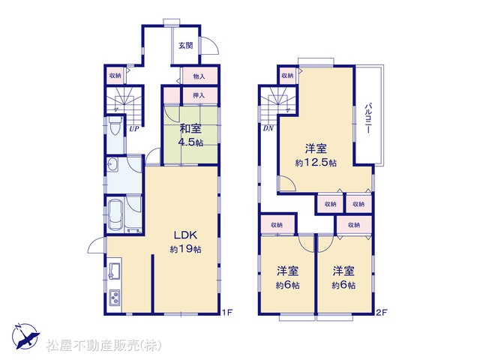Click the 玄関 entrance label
[186, 46]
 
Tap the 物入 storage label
[199, 76]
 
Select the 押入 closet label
[199, 95]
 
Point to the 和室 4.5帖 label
[190, 135]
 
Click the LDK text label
[185, 235]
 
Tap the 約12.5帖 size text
[316, 163]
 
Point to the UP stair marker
[133, 129]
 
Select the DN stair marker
[268, 128]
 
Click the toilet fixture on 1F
[115, 127]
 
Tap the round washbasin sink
[112, 165]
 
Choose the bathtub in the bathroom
[115, 214]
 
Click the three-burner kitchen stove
[115, 297]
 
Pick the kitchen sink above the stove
[115, 271]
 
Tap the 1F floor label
[228, 312]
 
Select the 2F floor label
[382, 312]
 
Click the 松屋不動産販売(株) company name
[104, 346]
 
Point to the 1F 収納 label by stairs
[115, 75]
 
